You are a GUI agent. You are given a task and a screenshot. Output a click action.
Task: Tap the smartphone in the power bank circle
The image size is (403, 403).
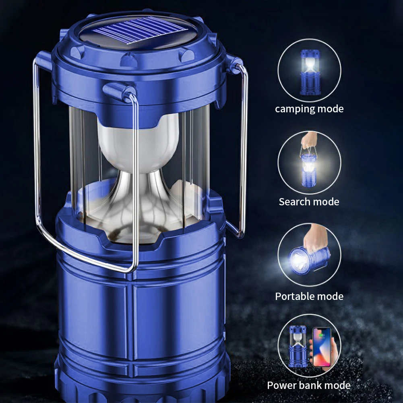[322, 347]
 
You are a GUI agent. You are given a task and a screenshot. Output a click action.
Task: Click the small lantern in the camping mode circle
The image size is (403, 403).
[310, 72]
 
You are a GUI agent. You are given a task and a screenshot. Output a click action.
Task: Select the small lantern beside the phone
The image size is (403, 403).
[298, 347]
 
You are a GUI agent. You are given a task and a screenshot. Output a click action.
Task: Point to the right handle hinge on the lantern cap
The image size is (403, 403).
[235, 64]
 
